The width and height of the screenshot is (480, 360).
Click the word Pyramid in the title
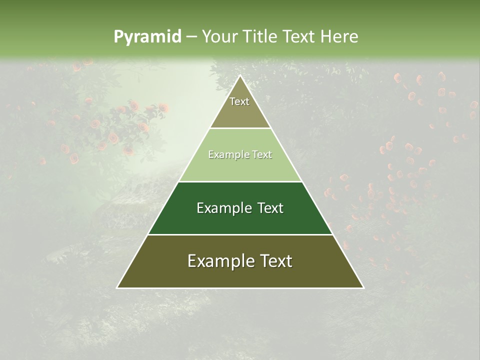tap(147, 37)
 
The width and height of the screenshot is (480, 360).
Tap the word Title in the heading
tap(261, 36)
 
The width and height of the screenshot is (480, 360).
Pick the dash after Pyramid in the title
tap(191, 37)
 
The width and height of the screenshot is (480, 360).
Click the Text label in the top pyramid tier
tap(239, 101)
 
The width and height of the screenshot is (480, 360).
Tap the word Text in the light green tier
tap(261, 155)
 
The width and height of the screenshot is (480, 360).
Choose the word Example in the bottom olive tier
tap(218, 261)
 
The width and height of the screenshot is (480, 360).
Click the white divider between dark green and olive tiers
tap(240, 234)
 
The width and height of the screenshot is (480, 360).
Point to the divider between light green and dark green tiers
tap(240, 181)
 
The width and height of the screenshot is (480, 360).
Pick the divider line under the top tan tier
tap(240, 128)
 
